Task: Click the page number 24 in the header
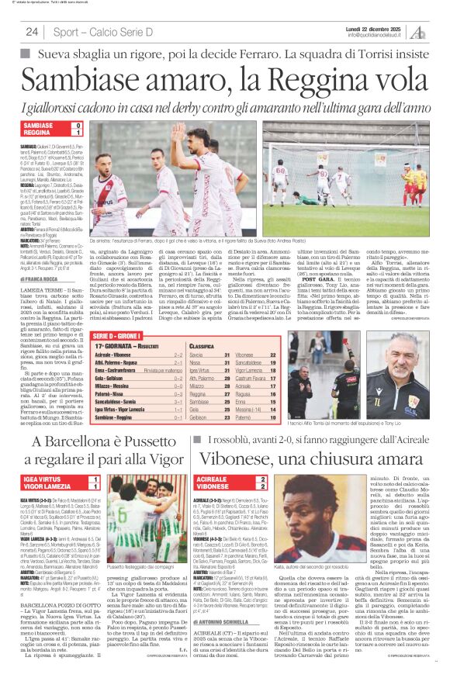32,32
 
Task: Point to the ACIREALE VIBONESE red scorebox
248,483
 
